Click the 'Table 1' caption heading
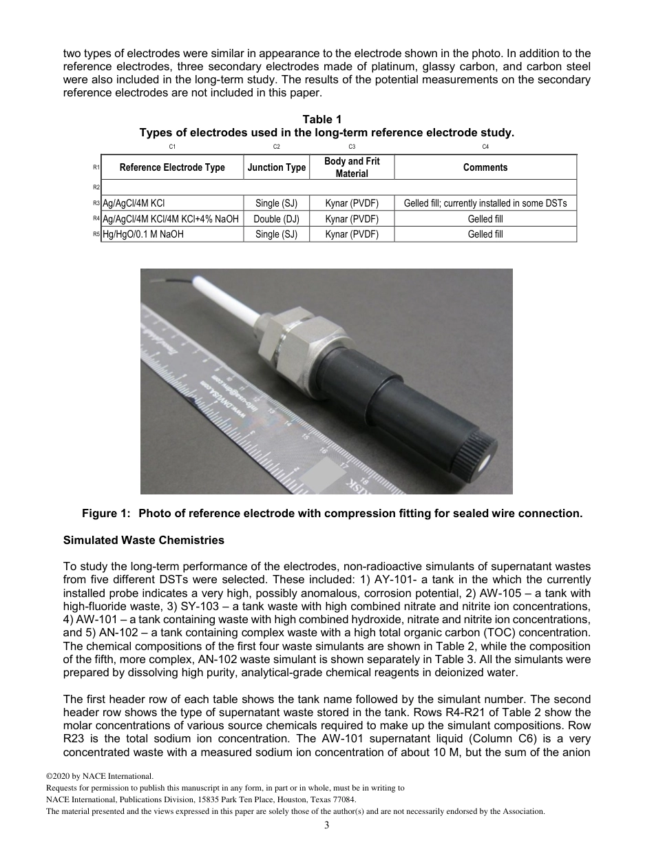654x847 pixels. [x=326, y=120]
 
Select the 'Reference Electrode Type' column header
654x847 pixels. [x=172, y=167]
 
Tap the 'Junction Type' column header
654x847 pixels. [x=277, y=167]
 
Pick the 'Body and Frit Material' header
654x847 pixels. [x=352, y=167]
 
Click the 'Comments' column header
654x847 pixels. [x=485, y=167]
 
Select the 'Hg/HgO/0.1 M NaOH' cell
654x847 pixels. [x=143, y=234]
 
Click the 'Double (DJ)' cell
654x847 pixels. [x=277, y=219]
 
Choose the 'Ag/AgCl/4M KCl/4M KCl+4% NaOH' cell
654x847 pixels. [x=171, y=219]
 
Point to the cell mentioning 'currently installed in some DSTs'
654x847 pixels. [x=485, y=204]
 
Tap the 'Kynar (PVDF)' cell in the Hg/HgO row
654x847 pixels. [x=352, y=234]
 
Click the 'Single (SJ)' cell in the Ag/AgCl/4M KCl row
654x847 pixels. [x=277, y=204]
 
